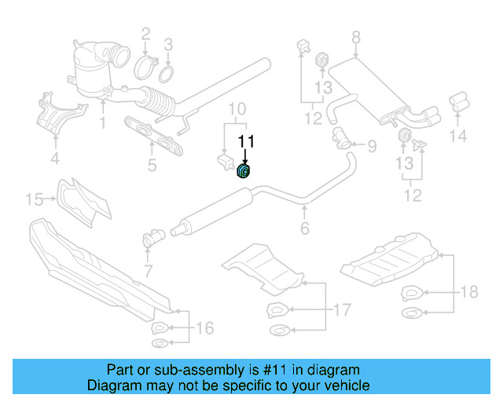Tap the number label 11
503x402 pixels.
click(x=247, y=142)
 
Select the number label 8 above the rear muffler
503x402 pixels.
click(x=355, y=37)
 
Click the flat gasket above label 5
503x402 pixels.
click(x=150, y=137)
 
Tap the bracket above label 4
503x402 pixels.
click(x=53, y=111)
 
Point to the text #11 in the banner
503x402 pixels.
click(x=317, y=370)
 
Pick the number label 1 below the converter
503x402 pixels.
click(x=102, y=122)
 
